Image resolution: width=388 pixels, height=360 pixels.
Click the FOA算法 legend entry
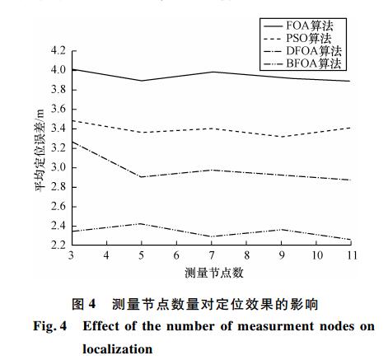pos(299,26)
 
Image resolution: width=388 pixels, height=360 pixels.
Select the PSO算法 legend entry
pos(297,39)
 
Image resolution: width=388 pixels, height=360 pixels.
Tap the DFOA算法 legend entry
pos(302,51)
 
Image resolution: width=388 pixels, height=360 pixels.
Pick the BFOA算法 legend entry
pos(302,63)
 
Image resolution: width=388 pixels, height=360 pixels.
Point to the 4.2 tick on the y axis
pos(58,51)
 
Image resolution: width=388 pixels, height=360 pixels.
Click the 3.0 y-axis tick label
pos(58,167)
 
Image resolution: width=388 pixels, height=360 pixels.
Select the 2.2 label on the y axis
pos(58,245)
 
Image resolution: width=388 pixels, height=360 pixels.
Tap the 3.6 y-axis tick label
pos(58,110)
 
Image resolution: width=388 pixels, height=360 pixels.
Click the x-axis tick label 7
pos(212,255)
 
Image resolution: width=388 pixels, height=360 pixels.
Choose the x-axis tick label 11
pos(352,255)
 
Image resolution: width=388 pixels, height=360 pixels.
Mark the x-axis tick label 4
pos(106,255)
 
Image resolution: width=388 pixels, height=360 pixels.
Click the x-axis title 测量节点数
pos(214,273)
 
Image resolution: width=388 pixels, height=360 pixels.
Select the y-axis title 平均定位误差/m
pos(40,151)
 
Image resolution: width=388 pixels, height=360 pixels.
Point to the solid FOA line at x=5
pos(142,81)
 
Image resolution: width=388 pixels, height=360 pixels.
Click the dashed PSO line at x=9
pos(282,137)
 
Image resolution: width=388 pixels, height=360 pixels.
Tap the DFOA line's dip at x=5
pos(142,177)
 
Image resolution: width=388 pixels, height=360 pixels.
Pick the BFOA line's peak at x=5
pos(142,223)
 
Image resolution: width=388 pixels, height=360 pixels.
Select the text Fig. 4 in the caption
pos(50,326)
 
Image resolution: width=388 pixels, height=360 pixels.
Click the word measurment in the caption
pos(275,326)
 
